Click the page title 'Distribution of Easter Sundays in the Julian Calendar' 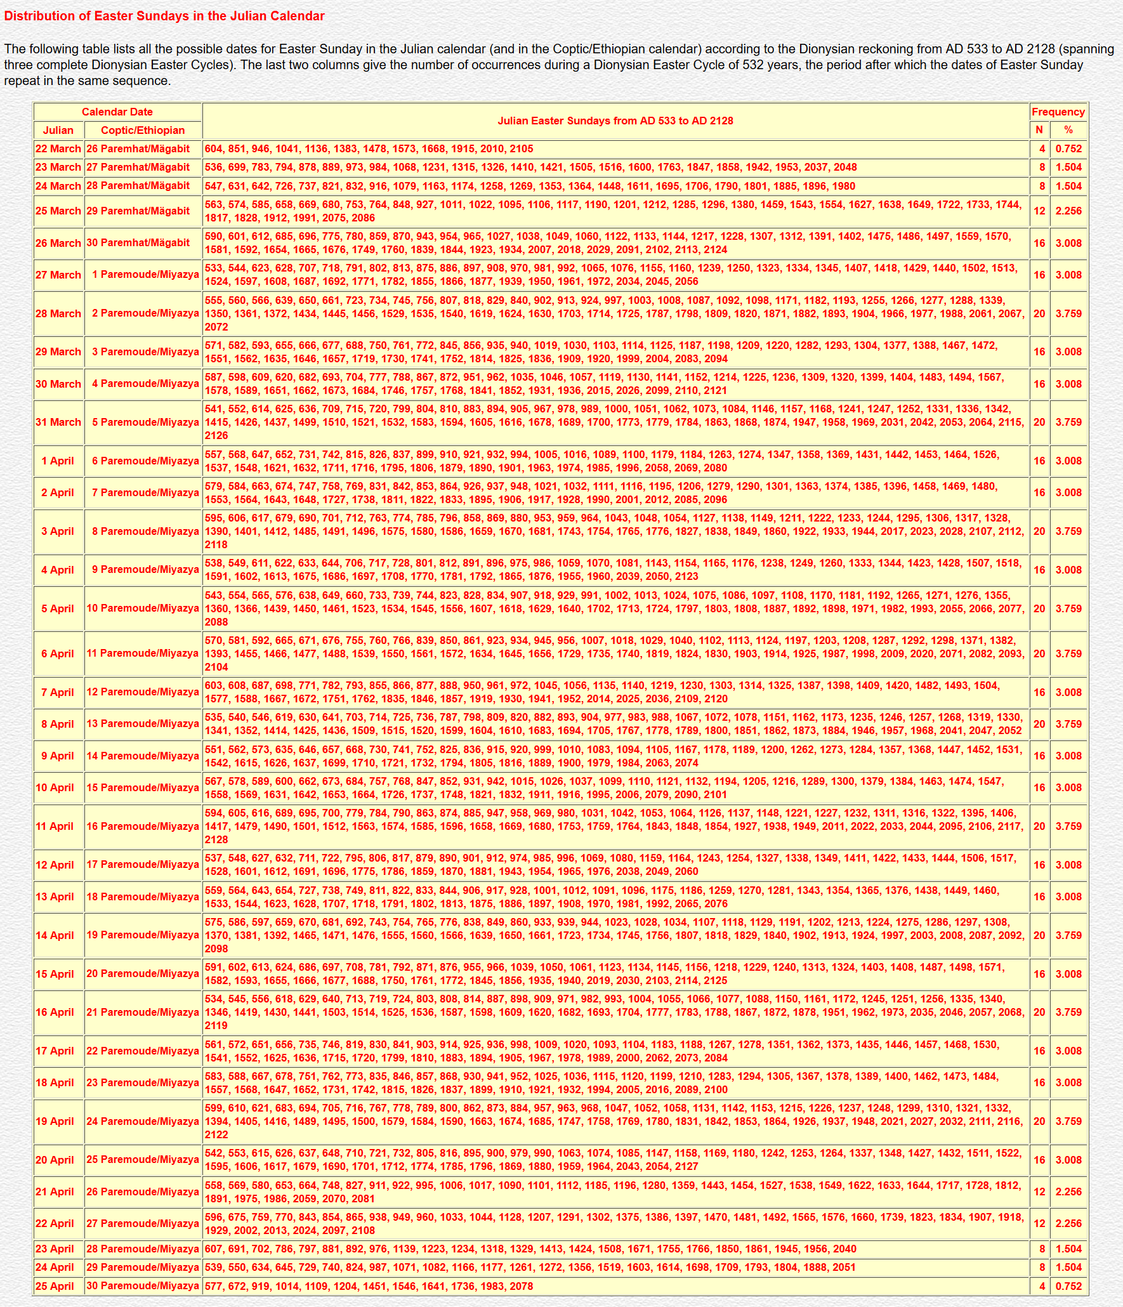pos(164,16)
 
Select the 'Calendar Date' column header pos(117,112)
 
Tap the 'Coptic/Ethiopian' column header pos(143,130)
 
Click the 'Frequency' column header pos(1058,112)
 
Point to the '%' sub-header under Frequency pos(1068,130)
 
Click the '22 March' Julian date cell pos(58,148)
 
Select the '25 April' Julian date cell pos(58,1286)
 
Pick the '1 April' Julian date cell pos(58,461)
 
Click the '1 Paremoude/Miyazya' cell pos(145,275)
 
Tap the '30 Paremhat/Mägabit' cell pos(138,243)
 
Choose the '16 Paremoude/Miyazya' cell pos(143,826)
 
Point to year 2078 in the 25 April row pos(521,1286)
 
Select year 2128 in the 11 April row pos(216,839)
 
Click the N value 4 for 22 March pos(1042,148)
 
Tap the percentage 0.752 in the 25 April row pos(1068,1286)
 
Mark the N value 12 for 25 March pos(1039,211)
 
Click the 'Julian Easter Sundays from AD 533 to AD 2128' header pos(615,121)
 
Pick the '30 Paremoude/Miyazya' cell pos(143,1286)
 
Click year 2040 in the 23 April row pos(844,1249)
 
